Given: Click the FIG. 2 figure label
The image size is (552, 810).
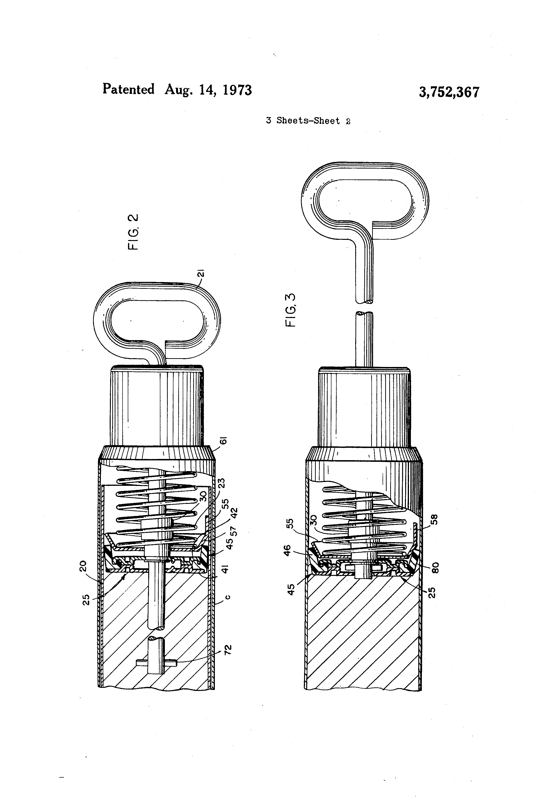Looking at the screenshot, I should click(133, 232).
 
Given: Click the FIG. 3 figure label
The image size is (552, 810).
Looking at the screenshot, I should click(290, 310).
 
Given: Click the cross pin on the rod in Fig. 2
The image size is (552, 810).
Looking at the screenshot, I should click(156, 663).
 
